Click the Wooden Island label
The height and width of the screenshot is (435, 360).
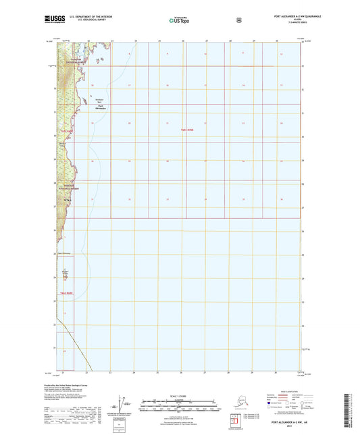(x=66, y=272)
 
